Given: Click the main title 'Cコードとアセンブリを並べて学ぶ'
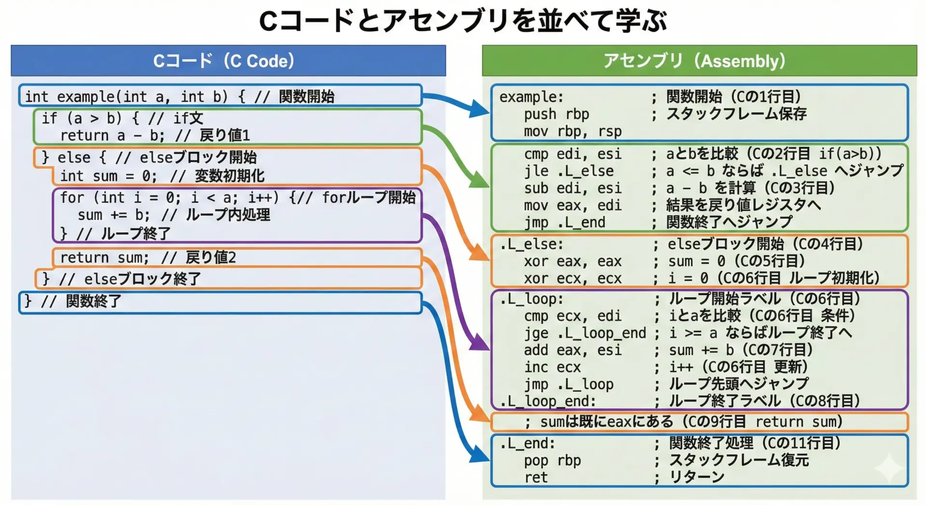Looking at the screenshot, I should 463,20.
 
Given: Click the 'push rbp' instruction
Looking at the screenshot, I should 556,114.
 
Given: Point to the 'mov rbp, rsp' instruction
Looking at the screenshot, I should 572,131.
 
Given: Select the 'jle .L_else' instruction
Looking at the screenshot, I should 569,171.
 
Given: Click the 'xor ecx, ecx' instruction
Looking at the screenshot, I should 572,279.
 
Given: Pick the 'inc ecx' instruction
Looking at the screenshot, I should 552,367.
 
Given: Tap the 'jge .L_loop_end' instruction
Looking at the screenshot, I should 585,333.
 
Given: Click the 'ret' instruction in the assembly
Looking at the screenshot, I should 536,478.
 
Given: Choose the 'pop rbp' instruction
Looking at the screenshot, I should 552,461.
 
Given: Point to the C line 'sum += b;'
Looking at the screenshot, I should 114,215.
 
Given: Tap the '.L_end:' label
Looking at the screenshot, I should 527,443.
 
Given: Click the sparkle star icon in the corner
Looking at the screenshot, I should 888,467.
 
